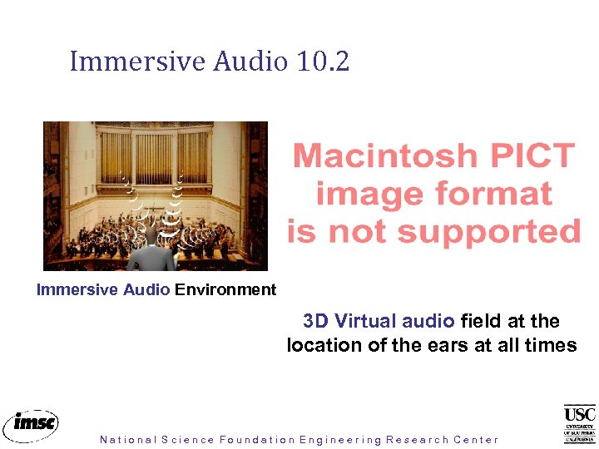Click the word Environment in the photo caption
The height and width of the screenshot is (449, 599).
(x=225, y=290)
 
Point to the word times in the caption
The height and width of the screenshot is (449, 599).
(x=552, y=345)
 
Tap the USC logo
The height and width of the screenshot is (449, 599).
(x=579, y=423)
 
